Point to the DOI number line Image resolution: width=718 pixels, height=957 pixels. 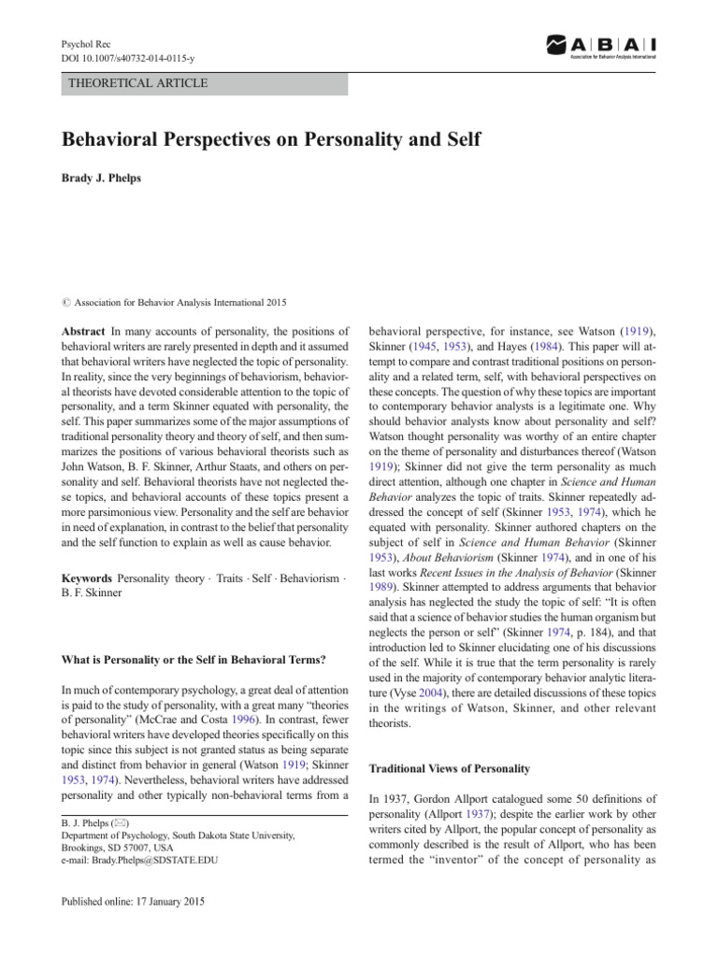point(130,58)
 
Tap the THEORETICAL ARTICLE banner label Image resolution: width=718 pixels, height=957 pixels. point(138,83)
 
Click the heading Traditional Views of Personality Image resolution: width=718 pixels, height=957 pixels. point(450,768)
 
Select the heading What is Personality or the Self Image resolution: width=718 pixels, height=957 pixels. point(193,660)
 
